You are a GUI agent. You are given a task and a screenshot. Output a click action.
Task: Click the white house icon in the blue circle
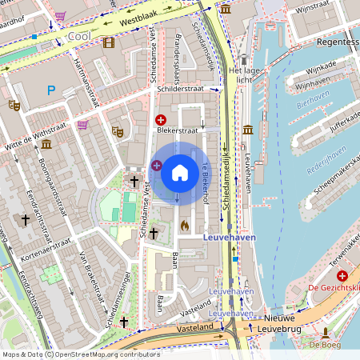pyautogui.click(x=180, y=172)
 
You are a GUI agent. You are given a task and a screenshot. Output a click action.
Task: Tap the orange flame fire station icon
pyautogui.click(x=184, y=226)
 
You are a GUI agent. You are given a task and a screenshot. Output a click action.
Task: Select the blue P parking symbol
pyautogui.click(x=51, y=91)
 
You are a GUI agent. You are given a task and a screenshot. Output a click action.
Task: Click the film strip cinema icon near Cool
pyautogui.click(x=108, y=42)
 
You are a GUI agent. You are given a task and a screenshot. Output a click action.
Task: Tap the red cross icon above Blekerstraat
pyautogui.click(x=160, y=119)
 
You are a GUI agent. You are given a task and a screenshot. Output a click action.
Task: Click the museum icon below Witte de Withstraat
pyautogui.click(x=46, y=144)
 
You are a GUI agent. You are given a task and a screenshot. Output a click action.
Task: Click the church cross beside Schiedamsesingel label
pyautogui.click(x=123, y=321)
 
